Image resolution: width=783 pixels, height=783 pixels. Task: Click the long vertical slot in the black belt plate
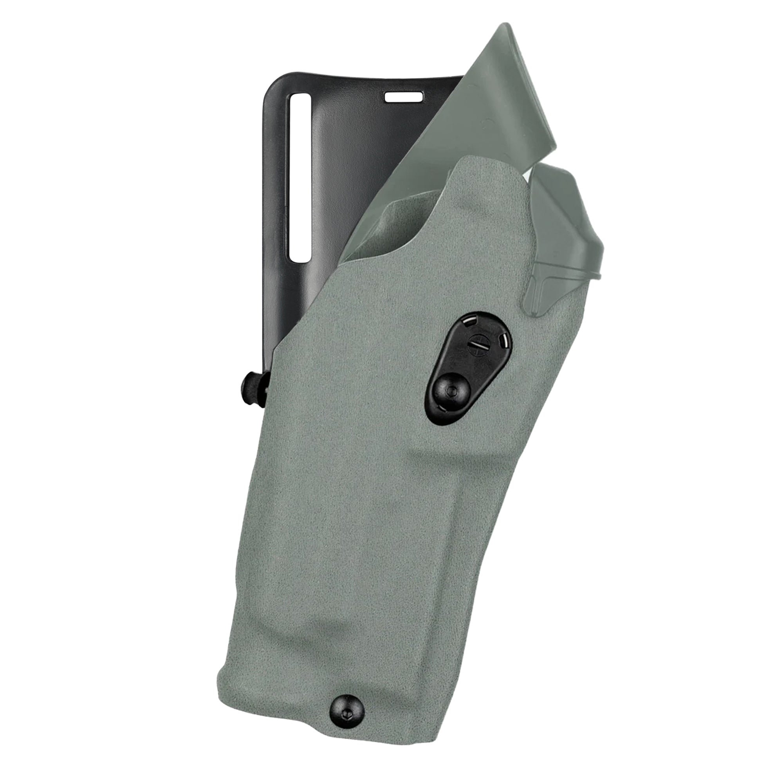pos(300,177)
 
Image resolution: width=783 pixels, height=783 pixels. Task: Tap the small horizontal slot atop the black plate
pos(403,97)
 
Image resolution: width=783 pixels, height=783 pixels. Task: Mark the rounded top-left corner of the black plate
pos(271,83)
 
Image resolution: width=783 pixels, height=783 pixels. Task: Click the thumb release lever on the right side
pos(567,227)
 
